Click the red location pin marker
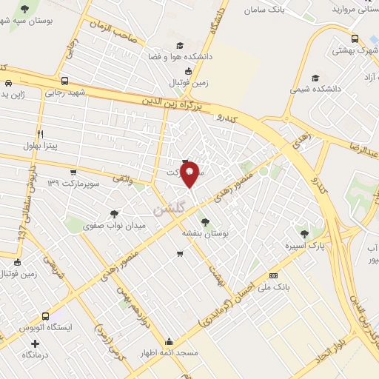point(189,173)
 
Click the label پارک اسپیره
point(306,244)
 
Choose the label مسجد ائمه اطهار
point(170,353)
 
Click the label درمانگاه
point(36,355)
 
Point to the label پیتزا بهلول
point(44,146)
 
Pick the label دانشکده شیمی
point(316,88)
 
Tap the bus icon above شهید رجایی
point(65,81)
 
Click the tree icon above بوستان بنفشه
point(205,221)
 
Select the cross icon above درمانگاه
point(36,343)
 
